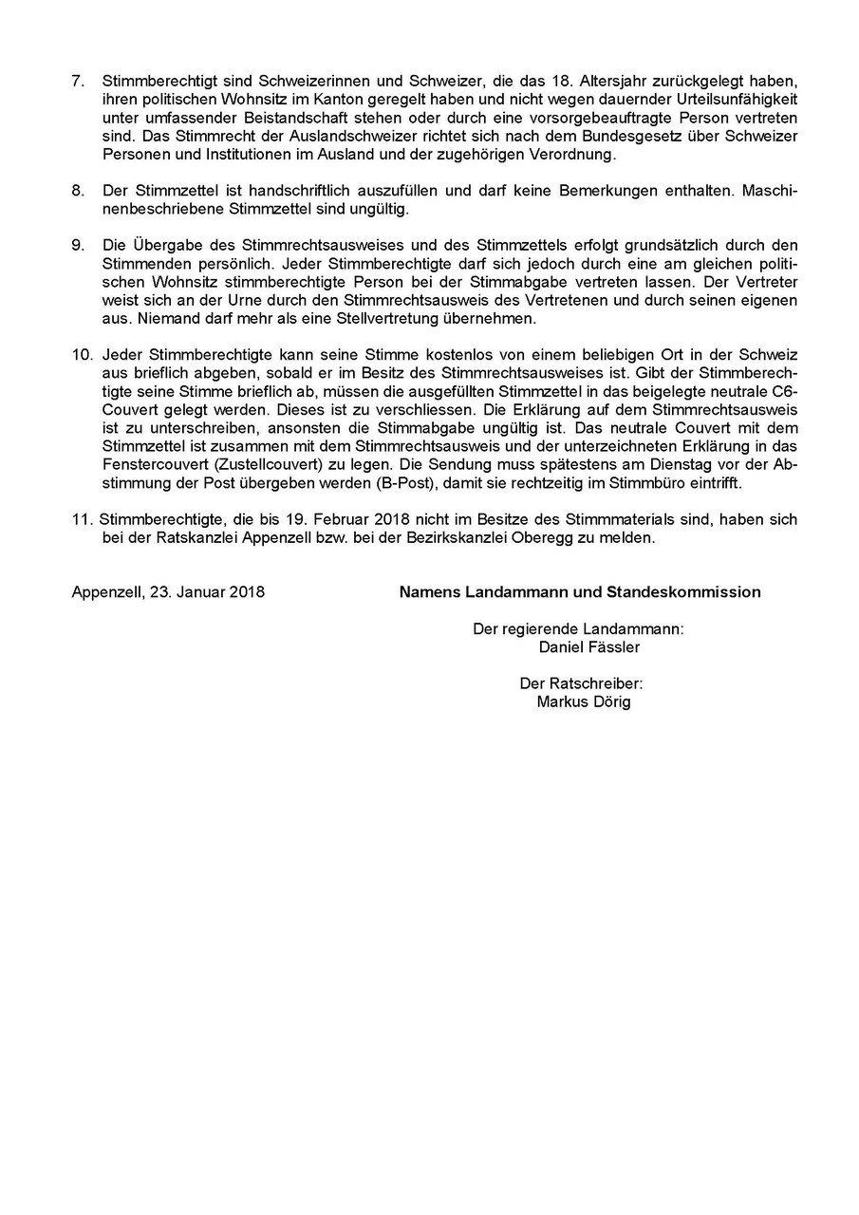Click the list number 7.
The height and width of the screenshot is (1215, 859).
pyautogui.click(x=77, y=82)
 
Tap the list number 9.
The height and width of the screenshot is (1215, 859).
pyautogui.click(x=77, y=246)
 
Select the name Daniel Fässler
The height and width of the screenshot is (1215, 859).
pyautogui.click(x=588, y=647)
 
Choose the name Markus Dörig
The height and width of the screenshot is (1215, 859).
pyautogui.click(x=583, y=701)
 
